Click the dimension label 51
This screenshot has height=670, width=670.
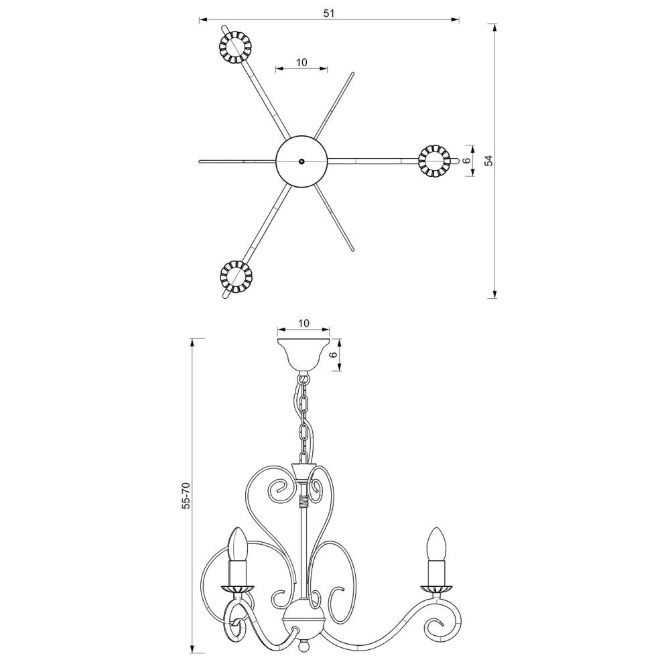click(x=328, y=13)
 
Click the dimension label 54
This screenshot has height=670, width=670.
click(x=489, y=161)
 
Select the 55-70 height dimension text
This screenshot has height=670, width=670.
click(x=186, y=495)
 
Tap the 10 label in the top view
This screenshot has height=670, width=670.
click(x=301, y=62)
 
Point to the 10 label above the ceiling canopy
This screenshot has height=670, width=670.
click(x=304, y=323)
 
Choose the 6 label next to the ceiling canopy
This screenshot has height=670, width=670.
click(x=334, y=354)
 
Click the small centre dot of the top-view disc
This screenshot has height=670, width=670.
click(x=301, y=161)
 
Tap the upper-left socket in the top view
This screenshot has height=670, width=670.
click(x=234, y=47)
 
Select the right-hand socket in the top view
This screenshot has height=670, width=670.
click(x=434, y=161)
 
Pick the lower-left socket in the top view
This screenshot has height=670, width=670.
click(x=235, y=275)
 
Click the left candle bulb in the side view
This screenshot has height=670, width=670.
click(x=239, y=544)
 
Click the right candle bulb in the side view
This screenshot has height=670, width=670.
click(x=436, y=544)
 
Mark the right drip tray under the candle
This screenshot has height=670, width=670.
click(x=436, y=589)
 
